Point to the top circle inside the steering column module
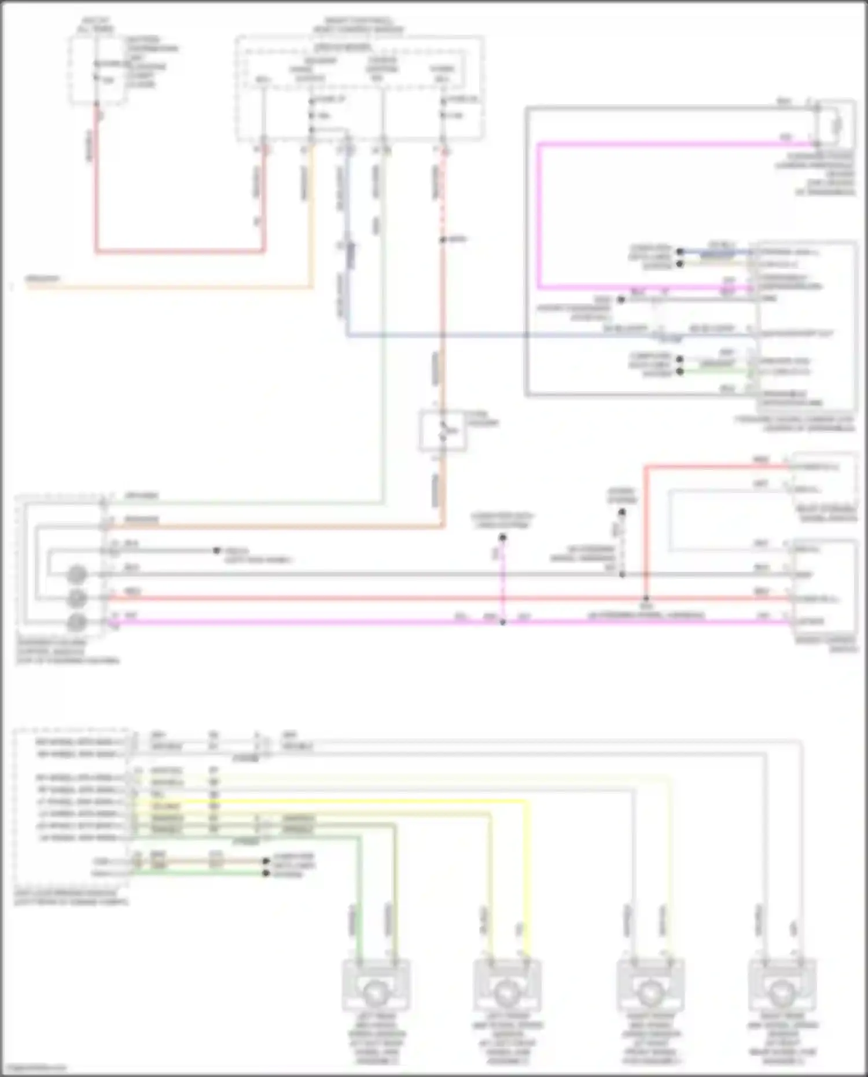coord(78,575)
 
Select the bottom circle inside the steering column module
coord(78,623)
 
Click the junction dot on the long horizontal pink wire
coord(502,622)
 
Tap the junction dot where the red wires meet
coord(646,598)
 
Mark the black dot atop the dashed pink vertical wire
coord(502,538)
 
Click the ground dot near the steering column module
coord(217,550)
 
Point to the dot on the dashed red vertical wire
coord(443,239)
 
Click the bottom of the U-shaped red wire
coord(179,252)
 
